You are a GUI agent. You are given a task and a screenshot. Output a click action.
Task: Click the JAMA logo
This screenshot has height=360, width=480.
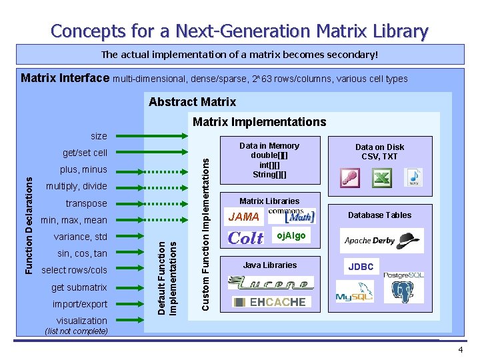point(243,217)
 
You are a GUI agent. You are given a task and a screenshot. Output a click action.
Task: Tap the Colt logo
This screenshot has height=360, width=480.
point(245,237)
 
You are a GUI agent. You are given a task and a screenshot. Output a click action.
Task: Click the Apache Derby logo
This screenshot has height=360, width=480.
point(383,240)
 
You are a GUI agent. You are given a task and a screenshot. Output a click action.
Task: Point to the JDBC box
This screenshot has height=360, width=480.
point(361,267)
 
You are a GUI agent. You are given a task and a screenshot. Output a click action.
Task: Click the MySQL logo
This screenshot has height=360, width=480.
point(354,291)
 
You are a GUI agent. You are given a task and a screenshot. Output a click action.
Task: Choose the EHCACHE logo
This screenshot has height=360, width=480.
point(271,302)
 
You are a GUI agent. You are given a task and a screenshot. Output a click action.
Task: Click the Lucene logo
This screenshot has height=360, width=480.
point(271,283)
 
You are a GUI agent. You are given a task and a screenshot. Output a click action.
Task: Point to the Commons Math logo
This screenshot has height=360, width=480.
point(291,215)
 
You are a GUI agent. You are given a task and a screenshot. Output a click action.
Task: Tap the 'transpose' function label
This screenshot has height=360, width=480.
point(86,203)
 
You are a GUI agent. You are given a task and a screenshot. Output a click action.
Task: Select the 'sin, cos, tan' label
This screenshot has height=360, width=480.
point(82,253)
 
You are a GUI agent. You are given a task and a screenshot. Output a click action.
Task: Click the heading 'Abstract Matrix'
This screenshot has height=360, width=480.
point(192,102)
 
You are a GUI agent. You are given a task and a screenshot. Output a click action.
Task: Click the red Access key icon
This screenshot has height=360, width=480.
point(350,178)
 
